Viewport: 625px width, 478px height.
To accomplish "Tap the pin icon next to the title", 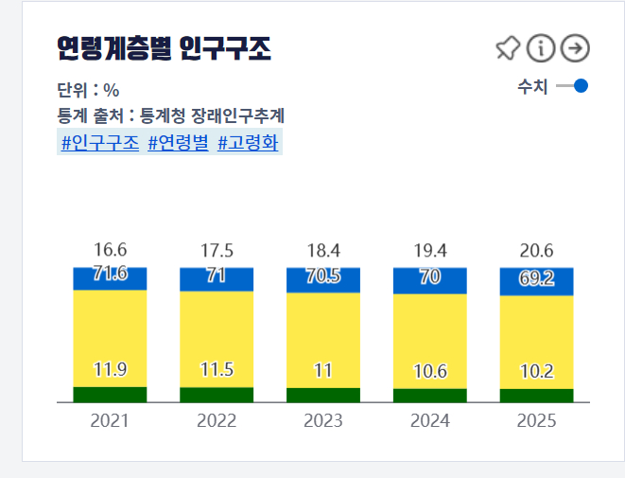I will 508,47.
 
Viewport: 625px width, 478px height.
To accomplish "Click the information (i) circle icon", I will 541,47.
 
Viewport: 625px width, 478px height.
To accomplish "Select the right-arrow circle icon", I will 574,47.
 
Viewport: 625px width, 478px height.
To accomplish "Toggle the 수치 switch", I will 573,86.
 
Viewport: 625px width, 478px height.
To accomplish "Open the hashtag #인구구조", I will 99,143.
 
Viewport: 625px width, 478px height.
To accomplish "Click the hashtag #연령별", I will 178,143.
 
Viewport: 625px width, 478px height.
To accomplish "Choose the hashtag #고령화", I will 248,143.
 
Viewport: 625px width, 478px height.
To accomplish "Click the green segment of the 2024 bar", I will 430,396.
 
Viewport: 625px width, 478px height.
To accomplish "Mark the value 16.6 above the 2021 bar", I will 111,251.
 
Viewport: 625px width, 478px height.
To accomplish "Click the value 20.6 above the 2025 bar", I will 537,251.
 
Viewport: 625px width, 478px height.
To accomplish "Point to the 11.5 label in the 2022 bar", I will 217,370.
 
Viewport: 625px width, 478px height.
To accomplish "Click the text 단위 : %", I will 88,91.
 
